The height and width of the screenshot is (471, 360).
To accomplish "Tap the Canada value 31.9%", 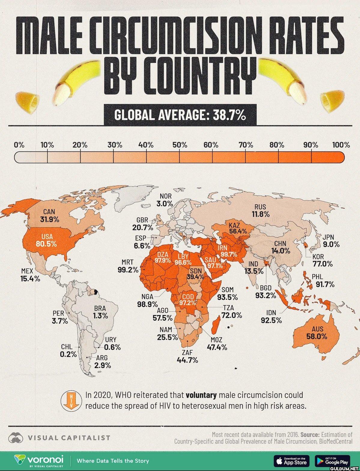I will click(50, 220).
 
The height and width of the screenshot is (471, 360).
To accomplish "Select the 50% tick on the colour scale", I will click(180, 145).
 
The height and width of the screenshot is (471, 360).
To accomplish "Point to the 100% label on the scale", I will click(341, 145).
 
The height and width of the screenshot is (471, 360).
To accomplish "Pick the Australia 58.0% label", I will click(317, 336).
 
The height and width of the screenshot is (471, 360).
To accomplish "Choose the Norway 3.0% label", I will click(165, 204).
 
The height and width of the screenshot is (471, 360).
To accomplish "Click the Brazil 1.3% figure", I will click(100, 316).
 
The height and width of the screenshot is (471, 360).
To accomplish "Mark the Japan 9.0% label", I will click(331, 244).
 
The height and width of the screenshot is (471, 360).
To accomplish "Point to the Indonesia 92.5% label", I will click(271, 320).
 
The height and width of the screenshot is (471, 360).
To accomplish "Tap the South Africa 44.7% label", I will click(187, 360).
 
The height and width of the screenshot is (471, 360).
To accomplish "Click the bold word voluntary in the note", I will click(201, 395).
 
